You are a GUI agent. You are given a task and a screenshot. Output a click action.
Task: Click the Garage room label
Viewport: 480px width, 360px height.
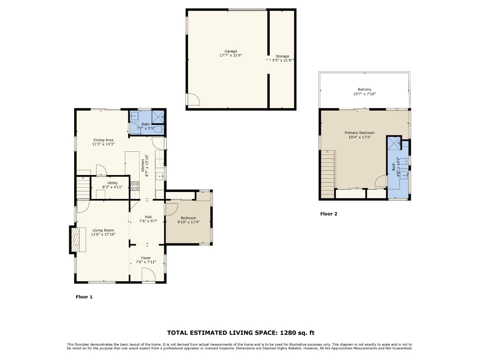click(230, 51)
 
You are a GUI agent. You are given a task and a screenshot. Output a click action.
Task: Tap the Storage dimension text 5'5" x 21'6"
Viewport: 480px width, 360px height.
click(282, 61)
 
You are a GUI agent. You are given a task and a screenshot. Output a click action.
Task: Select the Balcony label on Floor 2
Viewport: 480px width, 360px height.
click(364, 89)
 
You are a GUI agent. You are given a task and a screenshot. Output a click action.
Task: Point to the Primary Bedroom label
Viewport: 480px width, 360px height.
click(359, 133)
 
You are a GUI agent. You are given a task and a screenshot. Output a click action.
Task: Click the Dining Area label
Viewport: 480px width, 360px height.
click(103, 140)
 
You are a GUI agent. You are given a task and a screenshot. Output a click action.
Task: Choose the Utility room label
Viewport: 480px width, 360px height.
click(112, 183)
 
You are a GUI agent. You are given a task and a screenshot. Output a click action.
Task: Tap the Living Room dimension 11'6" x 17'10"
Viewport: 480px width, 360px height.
click(103, 234)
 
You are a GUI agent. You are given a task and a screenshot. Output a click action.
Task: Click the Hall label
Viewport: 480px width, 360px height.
click(148, 217)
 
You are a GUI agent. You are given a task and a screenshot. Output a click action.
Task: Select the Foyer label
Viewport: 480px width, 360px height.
click(146, 258)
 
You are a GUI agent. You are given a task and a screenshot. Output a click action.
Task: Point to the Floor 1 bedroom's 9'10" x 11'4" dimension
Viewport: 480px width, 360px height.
click(188, 222)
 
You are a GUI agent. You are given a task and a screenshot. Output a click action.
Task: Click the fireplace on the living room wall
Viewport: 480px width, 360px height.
click(77, 240)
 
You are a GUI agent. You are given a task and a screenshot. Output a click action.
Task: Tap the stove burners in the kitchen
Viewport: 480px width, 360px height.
click(135, 186)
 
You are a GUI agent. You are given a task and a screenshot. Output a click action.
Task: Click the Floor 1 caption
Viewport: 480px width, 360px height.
click(84, 297)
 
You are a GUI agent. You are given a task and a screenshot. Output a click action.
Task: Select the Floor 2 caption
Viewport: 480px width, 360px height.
click(329, 214)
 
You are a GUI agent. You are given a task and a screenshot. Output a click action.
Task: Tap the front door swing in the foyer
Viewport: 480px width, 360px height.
click(148, 275)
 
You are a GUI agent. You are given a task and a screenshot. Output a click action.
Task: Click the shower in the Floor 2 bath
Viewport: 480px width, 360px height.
click(394, 143)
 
